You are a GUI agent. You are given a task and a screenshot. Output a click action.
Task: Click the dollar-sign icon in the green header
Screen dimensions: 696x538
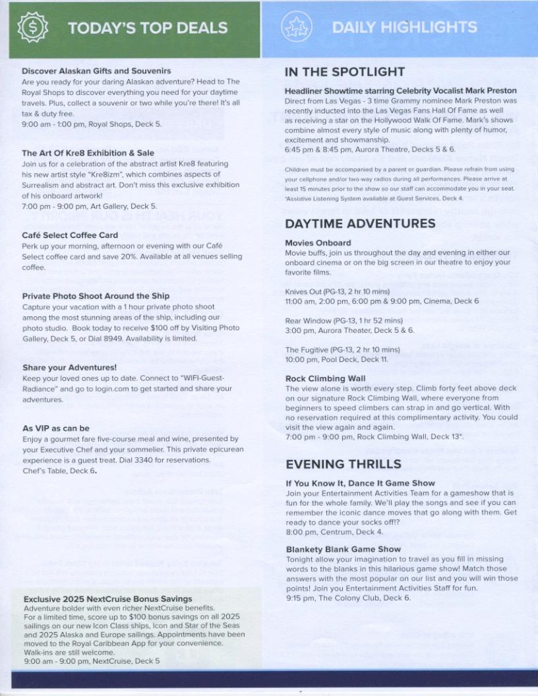32,28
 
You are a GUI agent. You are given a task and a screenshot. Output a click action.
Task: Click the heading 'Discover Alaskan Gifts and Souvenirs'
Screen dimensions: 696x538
96,71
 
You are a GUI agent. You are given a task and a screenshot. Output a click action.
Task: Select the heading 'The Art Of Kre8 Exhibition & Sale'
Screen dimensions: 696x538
88,153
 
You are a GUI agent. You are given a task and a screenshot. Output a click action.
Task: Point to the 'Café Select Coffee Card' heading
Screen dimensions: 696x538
70,235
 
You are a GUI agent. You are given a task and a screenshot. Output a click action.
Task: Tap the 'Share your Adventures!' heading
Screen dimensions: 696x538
69,367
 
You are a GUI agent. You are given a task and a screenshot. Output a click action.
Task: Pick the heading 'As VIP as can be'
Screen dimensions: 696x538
56,428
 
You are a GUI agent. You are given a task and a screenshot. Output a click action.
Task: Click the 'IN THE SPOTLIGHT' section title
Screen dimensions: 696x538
345,72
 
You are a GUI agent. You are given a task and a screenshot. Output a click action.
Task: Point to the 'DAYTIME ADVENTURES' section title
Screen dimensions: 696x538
360,223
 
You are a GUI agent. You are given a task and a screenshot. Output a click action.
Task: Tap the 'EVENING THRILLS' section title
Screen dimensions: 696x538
343,464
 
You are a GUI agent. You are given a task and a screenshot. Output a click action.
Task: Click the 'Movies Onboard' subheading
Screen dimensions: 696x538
318,243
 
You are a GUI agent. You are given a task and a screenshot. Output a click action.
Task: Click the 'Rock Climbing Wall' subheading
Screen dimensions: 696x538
325,379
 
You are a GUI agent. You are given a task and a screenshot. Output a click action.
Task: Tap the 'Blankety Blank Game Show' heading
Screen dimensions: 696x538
343,549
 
